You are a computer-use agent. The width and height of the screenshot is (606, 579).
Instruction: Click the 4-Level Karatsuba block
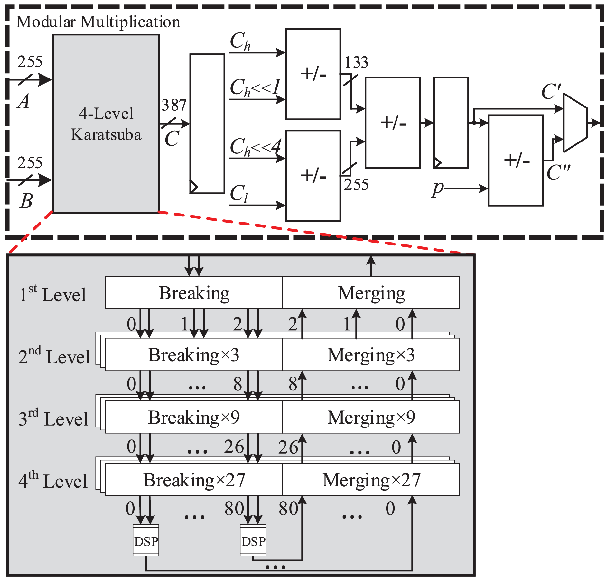tap(106, 124)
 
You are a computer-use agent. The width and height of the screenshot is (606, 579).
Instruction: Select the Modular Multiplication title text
tap(98, 22)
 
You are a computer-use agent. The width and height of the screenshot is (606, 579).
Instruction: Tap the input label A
tap(23, 101)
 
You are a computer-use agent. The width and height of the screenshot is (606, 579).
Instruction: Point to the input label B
tap(26, 201)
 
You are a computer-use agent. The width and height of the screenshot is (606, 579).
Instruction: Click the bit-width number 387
tap(174, 105)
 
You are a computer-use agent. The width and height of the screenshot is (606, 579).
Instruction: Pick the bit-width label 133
tap(356, 62)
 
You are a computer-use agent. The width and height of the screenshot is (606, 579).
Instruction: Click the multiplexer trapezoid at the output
tap(575, 123)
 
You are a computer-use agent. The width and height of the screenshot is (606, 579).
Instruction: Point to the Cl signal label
tap(239, 194)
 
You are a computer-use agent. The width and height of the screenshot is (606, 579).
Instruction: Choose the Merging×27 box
tap(371, 480)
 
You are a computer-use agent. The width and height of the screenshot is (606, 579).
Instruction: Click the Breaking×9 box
tap(194, 417)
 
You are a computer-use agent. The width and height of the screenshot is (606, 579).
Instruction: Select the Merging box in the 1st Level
tap(371, 293)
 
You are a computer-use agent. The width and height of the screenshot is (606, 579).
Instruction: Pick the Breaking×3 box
tap(194, 355)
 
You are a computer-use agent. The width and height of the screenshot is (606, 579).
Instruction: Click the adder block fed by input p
tap(516, 161)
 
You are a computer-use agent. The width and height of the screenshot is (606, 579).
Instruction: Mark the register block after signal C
tap(207, 124)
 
